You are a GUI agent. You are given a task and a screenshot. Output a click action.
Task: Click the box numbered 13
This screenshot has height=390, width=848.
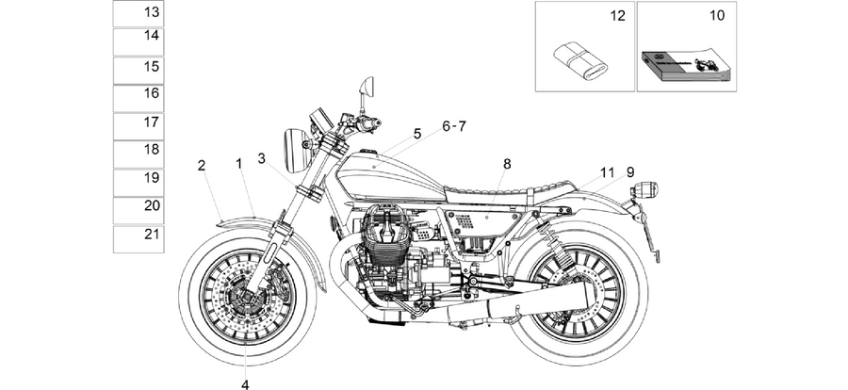(x=138, y=13)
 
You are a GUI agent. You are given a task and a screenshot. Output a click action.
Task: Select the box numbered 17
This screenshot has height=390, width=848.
(x=138, y=126)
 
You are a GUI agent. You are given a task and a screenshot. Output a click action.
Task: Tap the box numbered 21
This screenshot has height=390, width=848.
(x=138, y=239)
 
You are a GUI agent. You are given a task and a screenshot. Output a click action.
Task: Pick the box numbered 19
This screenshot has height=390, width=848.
(x=138, y=183)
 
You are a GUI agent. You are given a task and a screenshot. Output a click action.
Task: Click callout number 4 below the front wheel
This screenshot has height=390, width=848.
(x=245, y=384)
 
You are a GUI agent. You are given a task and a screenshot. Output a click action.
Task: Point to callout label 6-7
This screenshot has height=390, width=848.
(x=454, y=126)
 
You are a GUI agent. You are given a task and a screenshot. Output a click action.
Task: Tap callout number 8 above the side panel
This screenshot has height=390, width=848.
(x=507, y=164)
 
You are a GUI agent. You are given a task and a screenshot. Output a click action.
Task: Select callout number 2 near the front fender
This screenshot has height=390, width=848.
(x=202, y=166)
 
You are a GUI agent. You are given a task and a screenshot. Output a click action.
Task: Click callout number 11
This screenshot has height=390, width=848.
(x=608, y=172)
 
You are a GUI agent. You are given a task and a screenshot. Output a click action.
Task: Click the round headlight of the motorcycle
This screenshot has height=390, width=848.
(x=296, y=151)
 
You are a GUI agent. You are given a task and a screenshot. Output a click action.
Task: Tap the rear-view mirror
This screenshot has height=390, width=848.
(x=367, y=85)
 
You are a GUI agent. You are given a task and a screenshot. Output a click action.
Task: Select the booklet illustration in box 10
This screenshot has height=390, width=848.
(x=686, y=67)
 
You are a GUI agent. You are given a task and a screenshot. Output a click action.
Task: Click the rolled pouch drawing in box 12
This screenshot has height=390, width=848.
(x=580, y=59)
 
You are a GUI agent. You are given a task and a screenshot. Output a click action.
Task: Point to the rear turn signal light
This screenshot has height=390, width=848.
(x=644, y=190)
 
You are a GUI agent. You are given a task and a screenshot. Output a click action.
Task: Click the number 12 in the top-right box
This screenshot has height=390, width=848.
(x=617, y=16)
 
